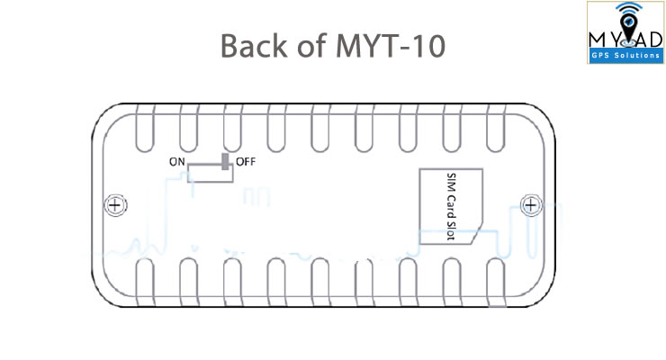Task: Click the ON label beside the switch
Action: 177,162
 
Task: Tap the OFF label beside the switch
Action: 246,162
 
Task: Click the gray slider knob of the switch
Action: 225,162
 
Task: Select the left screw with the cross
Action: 115,205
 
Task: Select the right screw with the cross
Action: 531,205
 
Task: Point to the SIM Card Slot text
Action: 452,206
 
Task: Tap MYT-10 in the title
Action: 391,46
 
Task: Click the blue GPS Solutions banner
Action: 625,55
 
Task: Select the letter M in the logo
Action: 598,40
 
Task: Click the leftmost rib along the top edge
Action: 145,128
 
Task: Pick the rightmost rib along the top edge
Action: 496,128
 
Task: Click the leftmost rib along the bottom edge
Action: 145,282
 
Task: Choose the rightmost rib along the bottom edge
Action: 496,282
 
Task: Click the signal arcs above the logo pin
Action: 629,8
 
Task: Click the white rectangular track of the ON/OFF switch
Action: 211,174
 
